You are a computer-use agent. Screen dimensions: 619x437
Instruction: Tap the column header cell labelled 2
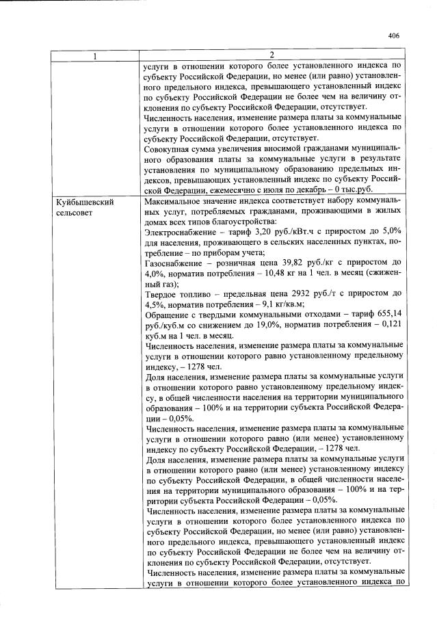coord(272,55)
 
